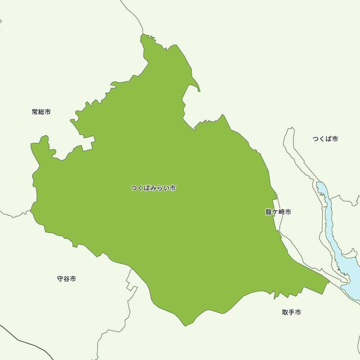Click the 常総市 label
41,112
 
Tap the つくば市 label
325,139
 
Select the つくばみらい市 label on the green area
153,188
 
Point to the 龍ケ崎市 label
278,212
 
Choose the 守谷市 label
67,279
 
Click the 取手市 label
291,312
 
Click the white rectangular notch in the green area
88,143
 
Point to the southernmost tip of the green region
185,325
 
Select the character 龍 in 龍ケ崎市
269,212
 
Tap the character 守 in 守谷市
60,279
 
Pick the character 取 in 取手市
285,312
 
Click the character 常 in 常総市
35,112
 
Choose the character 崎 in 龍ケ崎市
281,212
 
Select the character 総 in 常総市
41,112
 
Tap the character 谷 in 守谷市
67,279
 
